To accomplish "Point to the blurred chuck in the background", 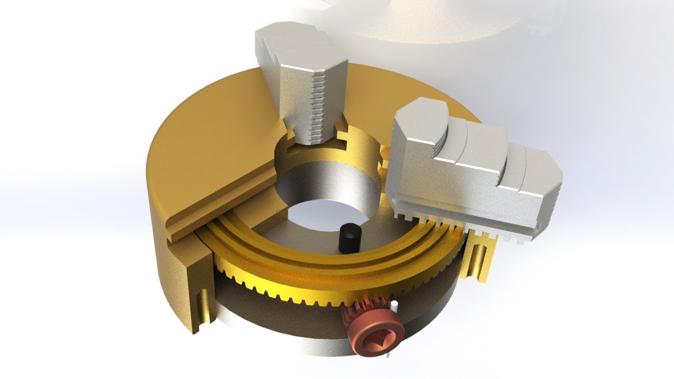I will coord(448,21).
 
